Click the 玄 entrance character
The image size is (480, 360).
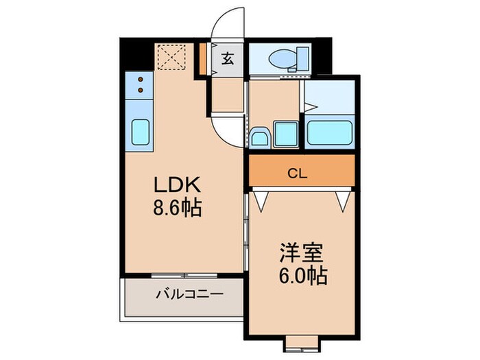[x=228, y=59]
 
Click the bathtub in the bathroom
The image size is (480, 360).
[x=329, y=132]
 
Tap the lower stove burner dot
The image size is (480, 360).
[x=141, y=89]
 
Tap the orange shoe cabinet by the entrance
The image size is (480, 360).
[x=204, y=60]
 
